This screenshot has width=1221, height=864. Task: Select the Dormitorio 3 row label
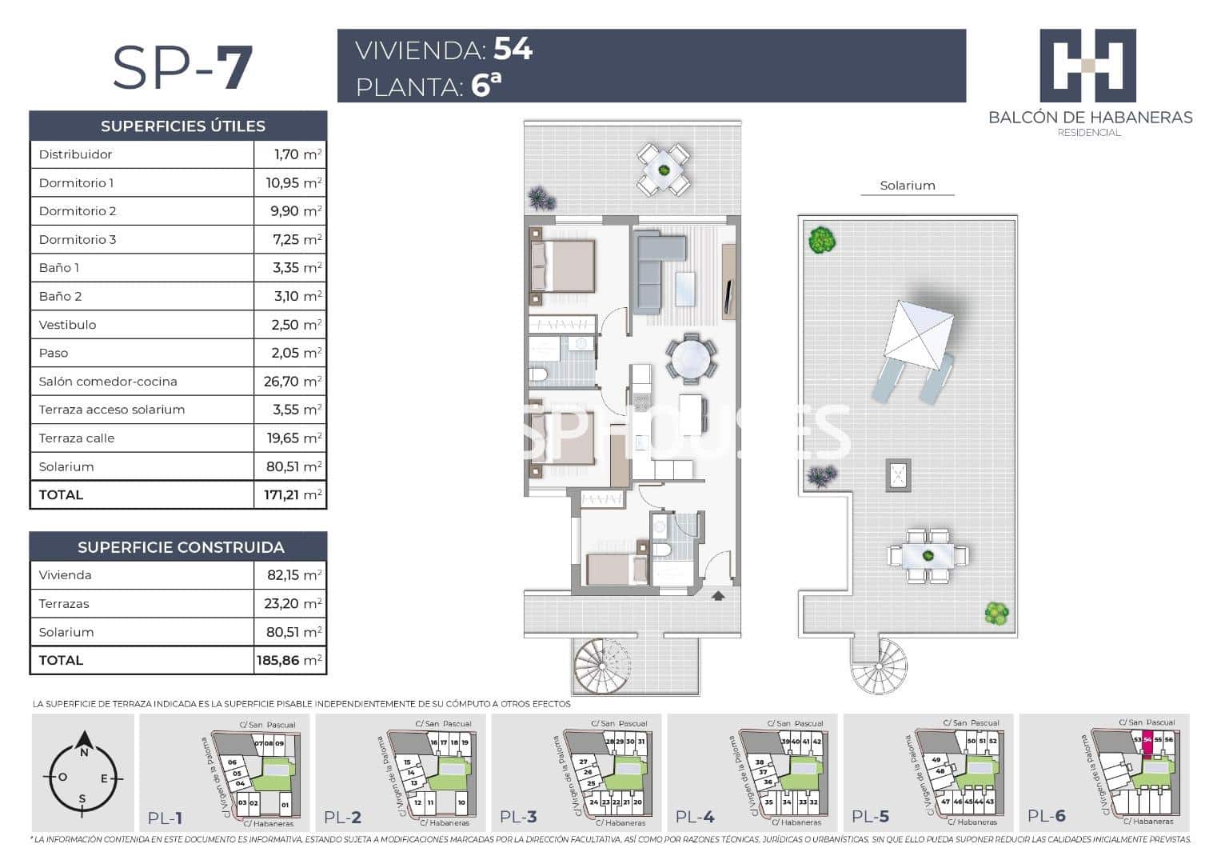78,239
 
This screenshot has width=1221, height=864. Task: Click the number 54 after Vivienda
513,50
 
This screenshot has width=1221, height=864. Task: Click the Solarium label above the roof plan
907,186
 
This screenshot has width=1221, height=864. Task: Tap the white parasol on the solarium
919,334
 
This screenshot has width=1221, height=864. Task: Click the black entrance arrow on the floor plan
717,594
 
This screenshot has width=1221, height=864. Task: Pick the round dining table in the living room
690,359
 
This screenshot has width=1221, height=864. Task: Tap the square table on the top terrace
663,170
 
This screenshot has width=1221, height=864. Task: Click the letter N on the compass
83,752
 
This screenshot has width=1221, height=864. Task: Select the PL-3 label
518,817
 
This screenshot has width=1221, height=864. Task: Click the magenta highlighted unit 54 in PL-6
1147,740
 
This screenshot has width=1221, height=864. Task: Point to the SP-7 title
182,68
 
